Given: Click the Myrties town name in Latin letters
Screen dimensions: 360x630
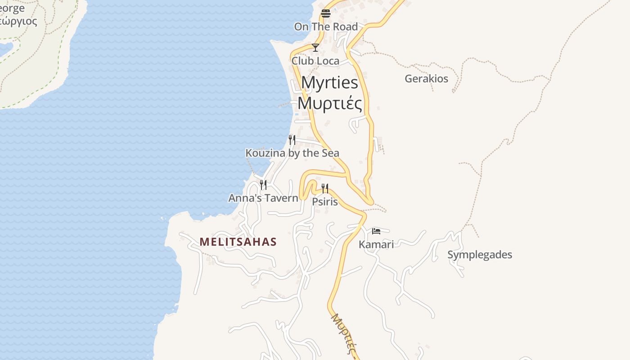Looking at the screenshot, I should (329, 83).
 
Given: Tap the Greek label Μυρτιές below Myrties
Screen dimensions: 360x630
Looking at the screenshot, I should (329, 103).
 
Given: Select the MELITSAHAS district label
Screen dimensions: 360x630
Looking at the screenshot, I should (238, 242).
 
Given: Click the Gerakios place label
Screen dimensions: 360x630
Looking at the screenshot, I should (426, 79).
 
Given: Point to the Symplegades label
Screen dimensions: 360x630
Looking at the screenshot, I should (479, 255).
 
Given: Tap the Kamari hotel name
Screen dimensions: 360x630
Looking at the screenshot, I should (376, 244).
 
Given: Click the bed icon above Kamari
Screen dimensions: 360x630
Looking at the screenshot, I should (376, 231).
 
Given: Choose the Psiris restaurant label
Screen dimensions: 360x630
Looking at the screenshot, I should (324, 202).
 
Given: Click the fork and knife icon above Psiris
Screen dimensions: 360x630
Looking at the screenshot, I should (324, 188).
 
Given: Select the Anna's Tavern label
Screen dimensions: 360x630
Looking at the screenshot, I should (263, 198).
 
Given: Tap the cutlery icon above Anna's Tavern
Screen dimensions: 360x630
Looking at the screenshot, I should (263, 184).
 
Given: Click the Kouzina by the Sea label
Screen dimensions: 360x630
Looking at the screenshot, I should (292, 153).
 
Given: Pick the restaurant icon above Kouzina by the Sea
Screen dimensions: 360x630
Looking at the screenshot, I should (292, 139).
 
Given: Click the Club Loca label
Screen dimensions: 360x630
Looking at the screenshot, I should (315, 60).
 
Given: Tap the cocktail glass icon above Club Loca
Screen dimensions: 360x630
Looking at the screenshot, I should (315, 47).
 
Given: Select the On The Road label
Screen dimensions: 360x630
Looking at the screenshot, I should (326, 27).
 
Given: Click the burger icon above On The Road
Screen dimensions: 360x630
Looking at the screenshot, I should (326, 13).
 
